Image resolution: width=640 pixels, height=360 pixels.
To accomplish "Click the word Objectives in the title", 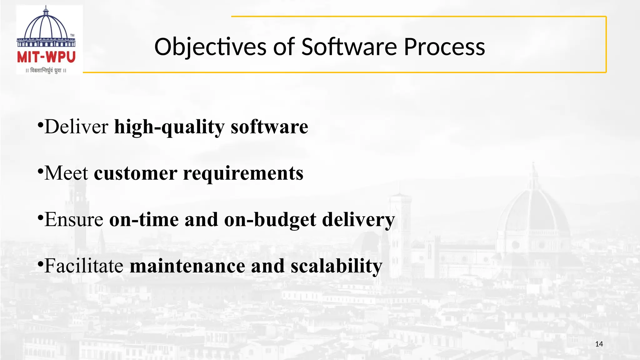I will pos(211,47).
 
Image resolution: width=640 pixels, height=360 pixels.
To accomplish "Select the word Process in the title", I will pos(444,47).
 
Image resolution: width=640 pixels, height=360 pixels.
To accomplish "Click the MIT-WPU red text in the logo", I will pos(46,57).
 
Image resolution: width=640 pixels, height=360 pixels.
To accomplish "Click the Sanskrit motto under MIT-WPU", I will pos(46,71).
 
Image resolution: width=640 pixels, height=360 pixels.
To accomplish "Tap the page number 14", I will pos(599,344).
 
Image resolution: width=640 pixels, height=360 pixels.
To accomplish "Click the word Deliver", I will pos(76,127).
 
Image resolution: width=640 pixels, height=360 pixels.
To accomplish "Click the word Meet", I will pos(66,173).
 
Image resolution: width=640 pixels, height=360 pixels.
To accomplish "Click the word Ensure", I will pos(74,219).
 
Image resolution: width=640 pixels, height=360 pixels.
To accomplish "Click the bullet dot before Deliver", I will pos(40,125).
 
